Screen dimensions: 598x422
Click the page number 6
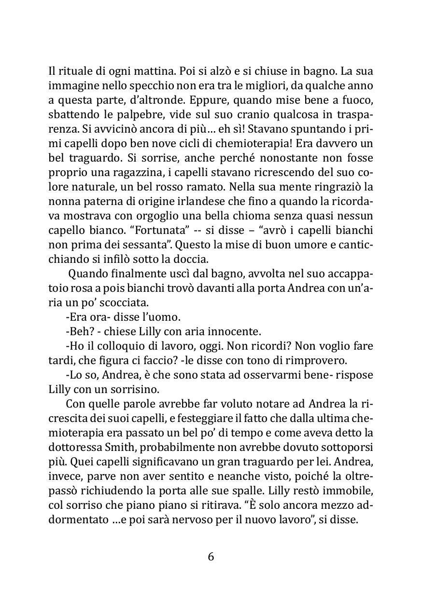(211, 557)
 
